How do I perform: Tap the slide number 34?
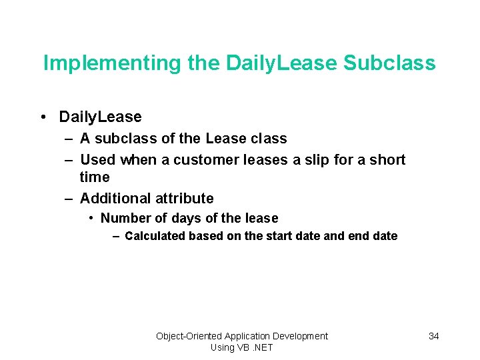(x=433, y=336)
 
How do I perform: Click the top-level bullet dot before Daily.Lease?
(x=43, y=117)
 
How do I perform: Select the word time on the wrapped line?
(x=95, y=177)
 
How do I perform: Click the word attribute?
(x=185, y=198)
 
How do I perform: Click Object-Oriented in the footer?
(x=189, y=336)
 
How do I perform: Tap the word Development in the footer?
(x=299, y=336)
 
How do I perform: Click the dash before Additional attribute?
(x=69, y=198)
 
